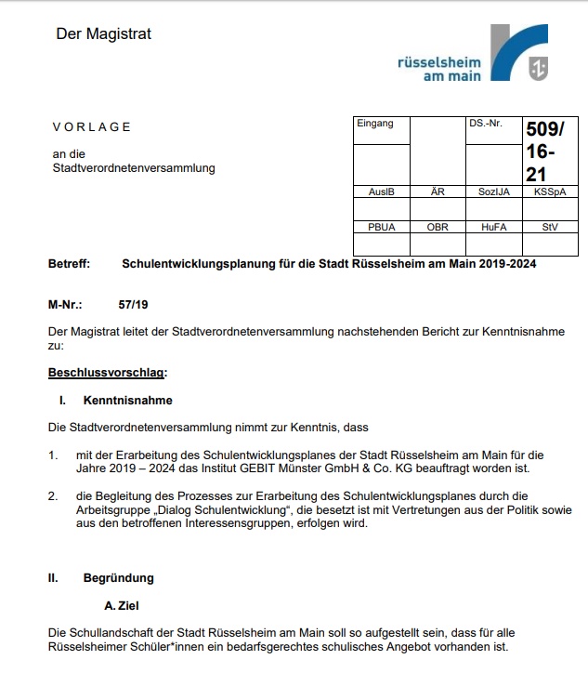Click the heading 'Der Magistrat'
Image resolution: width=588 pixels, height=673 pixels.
coord(103,34)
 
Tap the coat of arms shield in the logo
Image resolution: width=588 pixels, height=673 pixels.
coord(536,68)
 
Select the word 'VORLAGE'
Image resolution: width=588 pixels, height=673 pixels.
coord(92,127)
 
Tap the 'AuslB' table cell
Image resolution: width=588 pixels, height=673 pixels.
coord(381,191)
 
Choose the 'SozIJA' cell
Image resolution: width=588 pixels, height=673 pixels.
coord(493,191)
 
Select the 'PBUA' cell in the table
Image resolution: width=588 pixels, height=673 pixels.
coord(381,227)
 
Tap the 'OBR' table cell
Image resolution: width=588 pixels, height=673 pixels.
coord(438,227)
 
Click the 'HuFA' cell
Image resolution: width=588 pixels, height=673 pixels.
coord(493,227)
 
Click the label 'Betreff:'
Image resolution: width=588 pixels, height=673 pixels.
coord(69,264)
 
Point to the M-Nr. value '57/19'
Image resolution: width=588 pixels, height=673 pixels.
coord(134,304)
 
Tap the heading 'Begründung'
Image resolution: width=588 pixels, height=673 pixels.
coord(118,577)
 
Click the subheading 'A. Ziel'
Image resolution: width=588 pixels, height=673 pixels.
coord(122,605)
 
